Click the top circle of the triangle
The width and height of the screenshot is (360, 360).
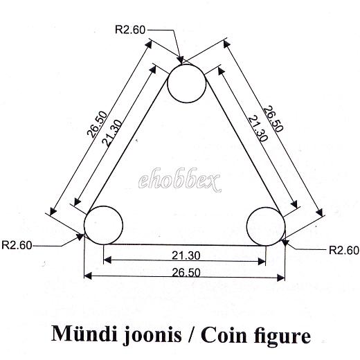coord(186,64)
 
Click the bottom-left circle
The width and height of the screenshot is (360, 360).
coord(103,206)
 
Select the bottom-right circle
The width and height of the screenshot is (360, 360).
coord(266,208)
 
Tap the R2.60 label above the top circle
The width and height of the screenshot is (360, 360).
coord(130,30)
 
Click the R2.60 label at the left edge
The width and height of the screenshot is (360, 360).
coord(17,245)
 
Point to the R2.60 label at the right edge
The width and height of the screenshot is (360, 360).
coord(344,250)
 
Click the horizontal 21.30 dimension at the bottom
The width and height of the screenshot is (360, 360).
coord(186,255)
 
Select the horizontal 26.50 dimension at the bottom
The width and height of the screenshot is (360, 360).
coord(186,273)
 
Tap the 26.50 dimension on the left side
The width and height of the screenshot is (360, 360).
coord(97,125)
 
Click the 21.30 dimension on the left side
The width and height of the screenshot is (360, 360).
coord(111,133)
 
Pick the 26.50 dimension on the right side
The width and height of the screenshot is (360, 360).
coord(273,119)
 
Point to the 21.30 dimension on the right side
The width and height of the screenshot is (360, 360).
coord(258,128)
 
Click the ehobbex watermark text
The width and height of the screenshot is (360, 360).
coord(180,180)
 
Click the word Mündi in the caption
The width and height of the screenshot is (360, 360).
coord(84,334)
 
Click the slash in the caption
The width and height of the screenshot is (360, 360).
coord(191,334)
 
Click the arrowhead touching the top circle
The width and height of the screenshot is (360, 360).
coord(181,60)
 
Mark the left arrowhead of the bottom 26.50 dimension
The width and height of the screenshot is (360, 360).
coord(88,276)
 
